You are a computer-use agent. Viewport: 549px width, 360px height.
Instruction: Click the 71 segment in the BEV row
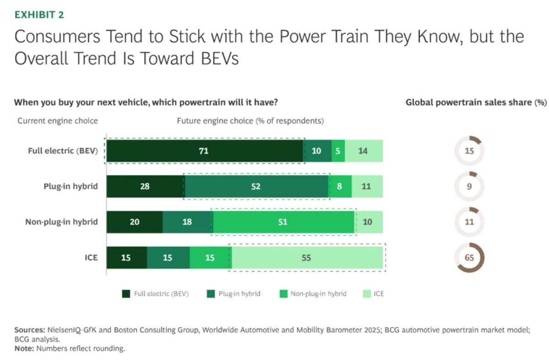[x=204, y=150]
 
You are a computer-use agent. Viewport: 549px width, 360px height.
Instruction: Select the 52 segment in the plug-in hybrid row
[x=257, y=186]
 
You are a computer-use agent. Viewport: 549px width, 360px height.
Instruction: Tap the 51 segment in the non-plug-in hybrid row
[x=283, y=222]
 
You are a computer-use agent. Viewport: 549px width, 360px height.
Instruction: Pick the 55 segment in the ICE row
[x=307, y=258]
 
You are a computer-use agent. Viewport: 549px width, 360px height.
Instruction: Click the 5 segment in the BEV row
[x=338, y=150]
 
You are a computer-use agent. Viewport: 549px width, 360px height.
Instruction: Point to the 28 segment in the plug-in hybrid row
[x=145, y=186]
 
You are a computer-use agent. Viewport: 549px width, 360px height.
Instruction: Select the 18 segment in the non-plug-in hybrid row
[x=188, y=222]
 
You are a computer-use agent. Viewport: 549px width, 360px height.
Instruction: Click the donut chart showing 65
[x=469, y=258]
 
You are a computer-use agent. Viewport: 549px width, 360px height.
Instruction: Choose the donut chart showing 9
[x=469, y=186]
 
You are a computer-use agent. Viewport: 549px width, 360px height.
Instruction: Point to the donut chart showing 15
[x=469, y=150]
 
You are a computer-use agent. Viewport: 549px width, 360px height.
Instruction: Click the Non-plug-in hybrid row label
[x=61, y=222]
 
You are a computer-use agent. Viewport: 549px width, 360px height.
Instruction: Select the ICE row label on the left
[x=91, y=258]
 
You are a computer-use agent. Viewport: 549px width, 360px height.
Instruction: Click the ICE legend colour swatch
[x=366, y=294]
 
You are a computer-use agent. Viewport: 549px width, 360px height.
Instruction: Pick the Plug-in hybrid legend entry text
[x=239, y=294]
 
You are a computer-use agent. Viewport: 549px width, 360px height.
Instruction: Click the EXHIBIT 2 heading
[x=39, y=15]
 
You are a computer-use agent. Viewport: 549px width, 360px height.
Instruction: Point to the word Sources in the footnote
[x=29, y=330]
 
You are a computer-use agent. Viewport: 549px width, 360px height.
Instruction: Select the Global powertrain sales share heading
[x=476, y=102]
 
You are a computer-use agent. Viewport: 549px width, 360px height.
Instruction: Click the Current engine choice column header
[x=58, y=121]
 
